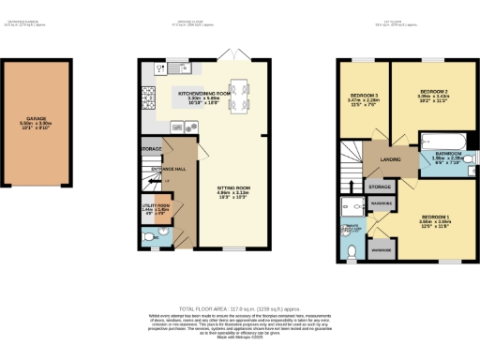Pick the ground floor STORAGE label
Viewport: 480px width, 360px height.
click(152, 149)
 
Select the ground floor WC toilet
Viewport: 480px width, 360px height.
click(154, 240)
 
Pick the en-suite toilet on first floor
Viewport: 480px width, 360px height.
click(351, 250)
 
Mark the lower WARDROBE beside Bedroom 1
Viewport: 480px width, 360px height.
click(382, 249)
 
